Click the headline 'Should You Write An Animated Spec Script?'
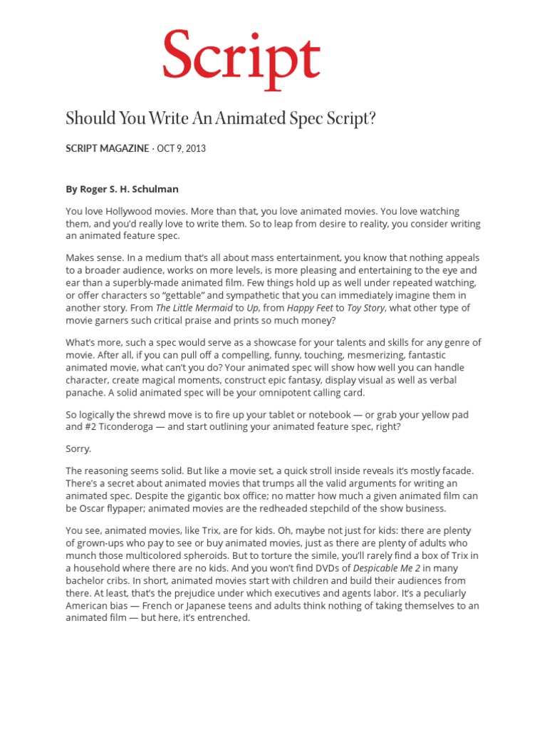coord(220,118)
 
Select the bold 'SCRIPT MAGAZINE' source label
coord(108,148)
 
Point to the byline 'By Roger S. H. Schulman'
coord(123,189)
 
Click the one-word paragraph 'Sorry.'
coord(78,450)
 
